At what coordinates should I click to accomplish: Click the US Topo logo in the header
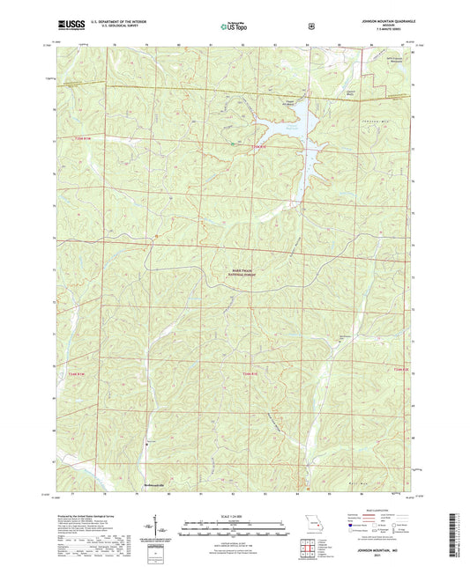(x=234, y=26)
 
